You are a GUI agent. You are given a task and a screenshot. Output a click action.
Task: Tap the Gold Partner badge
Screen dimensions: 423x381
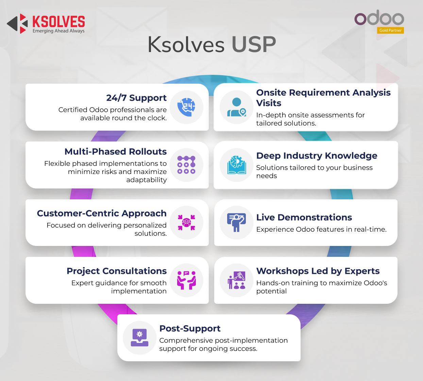390,30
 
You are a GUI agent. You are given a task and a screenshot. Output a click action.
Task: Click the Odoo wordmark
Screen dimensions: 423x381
379,18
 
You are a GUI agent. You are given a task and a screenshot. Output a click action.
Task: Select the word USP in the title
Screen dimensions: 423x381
254,44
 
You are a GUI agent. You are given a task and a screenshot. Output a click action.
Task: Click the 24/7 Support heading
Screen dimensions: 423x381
136,98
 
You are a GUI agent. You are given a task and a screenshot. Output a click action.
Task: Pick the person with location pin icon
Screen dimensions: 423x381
237,107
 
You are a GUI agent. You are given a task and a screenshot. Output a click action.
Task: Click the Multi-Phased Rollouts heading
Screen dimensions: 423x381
116,151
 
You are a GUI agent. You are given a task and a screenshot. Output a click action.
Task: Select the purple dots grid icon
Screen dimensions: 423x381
186,165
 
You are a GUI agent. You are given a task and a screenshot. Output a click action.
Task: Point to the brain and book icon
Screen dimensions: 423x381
237,165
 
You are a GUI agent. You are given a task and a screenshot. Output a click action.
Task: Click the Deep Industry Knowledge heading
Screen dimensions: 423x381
317,156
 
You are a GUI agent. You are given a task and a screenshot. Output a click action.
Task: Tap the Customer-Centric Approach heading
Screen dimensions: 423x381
102,213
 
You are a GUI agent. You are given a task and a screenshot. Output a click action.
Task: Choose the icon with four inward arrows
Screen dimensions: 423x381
186,222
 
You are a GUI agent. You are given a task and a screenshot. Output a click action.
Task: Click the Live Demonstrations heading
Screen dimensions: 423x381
304,217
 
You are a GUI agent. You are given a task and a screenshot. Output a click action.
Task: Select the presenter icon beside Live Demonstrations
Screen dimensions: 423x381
236,222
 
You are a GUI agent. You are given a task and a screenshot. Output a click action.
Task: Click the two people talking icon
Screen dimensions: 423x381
186,280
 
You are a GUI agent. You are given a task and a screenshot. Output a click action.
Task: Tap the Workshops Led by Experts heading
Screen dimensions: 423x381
318,271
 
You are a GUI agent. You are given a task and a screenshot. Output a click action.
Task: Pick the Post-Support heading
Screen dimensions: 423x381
190,329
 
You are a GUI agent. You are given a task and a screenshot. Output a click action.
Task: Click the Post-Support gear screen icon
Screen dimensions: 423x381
139,337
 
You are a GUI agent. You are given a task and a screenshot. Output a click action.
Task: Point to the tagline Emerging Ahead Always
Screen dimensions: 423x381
58,31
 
